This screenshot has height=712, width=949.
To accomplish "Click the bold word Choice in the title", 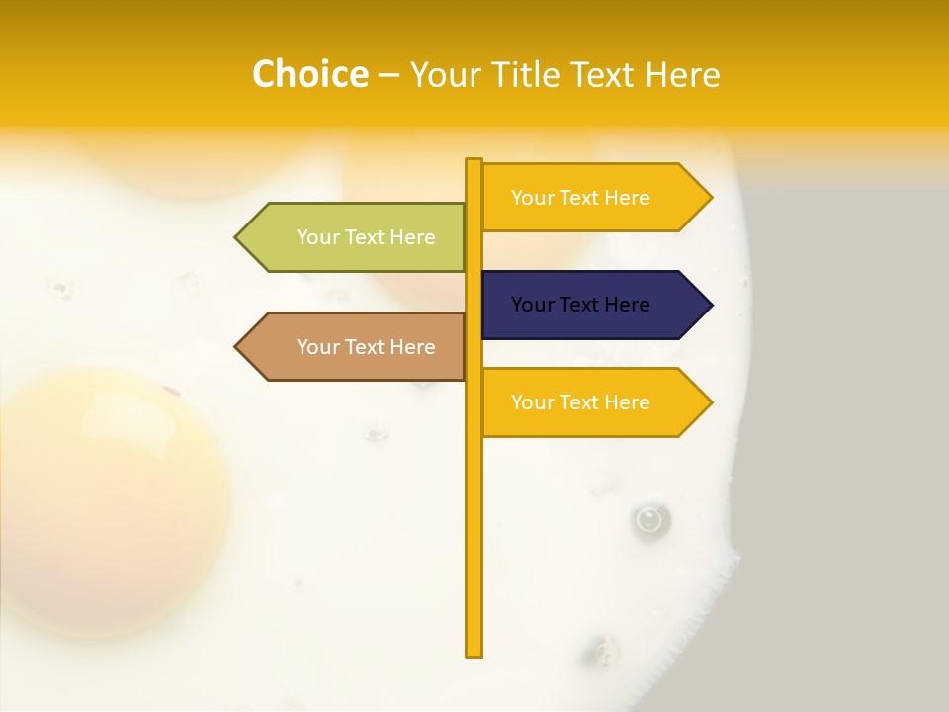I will point(309,74).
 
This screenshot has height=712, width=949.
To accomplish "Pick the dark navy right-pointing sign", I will point(588,305).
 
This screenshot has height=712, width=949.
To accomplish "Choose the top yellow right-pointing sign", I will point(588,197).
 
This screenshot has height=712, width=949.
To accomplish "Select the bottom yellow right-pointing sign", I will point(588,402).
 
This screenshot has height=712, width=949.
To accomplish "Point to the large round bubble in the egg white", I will point(649,518).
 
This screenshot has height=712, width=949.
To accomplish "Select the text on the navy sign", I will point(580,305).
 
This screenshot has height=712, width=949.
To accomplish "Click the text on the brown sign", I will point(366,347).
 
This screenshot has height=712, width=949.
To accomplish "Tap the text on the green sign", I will point(366,237).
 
